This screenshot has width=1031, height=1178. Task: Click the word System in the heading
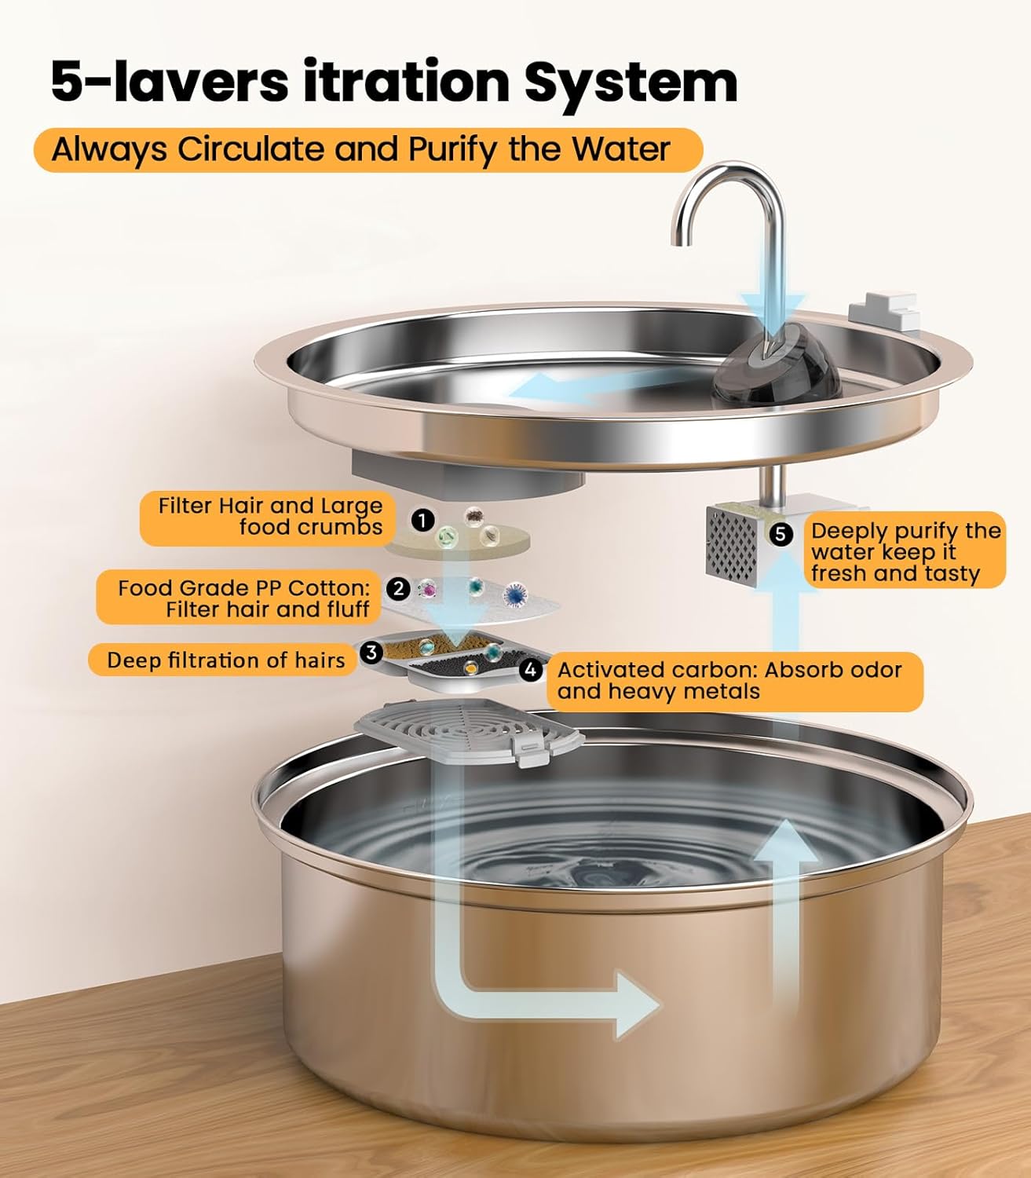pos(631,81)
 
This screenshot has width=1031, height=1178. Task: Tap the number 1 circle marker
pos(422,520)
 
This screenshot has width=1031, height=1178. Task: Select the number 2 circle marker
pos(399,588)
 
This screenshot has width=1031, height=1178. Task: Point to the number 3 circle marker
pos(371,652)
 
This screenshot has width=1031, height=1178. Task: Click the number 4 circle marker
pos(532,670)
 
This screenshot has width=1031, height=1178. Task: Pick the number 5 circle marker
pos(780,534)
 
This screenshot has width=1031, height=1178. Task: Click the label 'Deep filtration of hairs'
pos(225,660)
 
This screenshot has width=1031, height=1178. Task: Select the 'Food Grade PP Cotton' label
pos(243,598)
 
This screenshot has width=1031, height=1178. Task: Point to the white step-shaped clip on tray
pos(887,312)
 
